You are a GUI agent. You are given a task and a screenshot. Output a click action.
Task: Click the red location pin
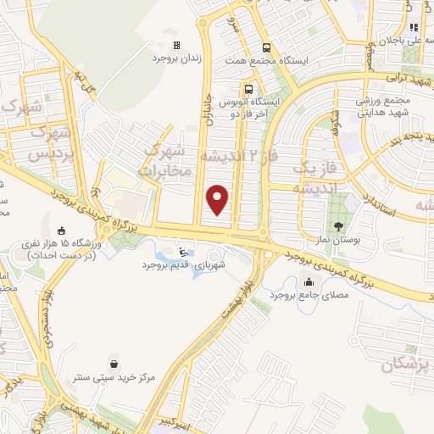coord(219,199)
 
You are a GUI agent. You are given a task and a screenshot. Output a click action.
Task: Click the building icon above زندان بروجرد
coord(176,45)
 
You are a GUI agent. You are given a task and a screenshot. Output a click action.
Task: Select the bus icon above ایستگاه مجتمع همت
coord(267,47)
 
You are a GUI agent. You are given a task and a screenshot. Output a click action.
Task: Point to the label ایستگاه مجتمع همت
coord(265,61)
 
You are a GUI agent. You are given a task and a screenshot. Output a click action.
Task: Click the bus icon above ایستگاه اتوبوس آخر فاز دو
coord(248,87)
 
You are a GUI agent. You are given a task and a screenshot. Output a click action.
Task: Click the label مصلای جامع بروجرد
coord(304,298)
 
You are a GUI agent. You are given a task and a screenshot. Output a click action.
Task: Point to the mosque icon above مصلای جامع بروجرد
coord(305,284)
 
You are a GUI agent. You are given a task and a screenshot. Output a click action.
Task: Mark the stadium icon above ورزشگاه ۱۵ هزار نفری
coord(61,230)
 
